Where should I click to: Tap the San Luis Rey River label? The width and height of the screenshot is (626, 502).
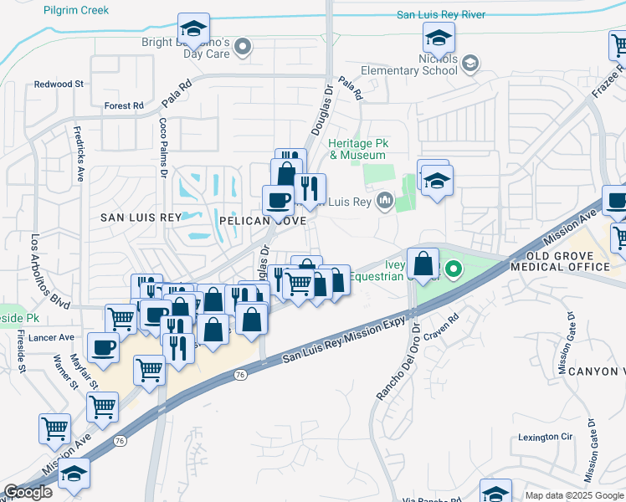click(441, 14)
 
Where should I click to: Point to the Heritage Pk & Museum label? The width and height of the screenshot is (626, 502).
click(357, 149)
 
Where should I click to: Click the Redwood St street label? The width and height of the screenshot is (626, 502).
click(59, 85)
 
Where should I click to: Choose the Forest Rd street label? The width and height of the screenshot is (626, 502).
click(124, 106)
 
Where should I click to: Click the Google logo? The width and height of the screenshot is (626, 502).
click(28, 492)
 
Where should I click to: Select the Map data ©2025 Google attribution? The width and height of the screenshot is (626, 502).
click(573, 495)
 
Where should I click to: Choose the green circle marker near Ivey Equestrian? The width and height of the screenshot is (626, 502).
click(454, 269)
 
